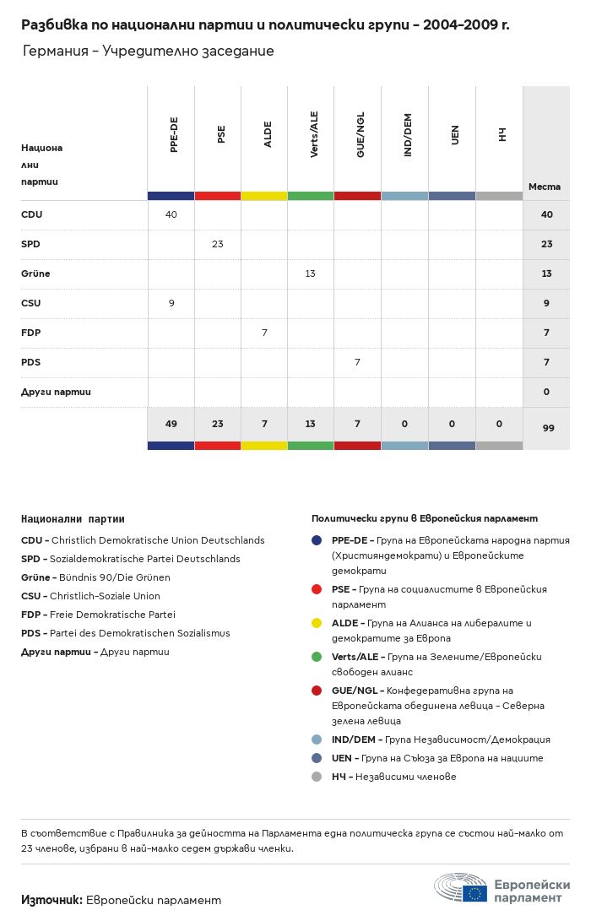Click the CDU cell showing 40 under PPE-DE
pyautogui.click(x=171, y=214)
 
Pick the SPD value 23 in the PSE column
pyautogui.click(x=218, y=244)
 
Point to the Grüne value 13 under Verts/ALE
pyautogui.click(x=311, y=274)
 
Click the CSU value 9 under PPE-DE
pyautogui.click(x=171, y=303)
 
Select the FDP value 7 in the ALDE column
pyautogui.click(x=264, y=333)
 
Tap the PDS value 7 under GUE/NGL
pyautogui.click(x=357, y=362)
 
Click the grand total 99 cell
pyautogui.click(x=548, y=428)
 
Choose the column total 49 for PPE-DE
pyautogui.click(x=171, y=424)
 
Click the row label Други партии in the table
pyautogui.click(x=56, y=392)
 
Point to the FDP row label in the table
pyautogui.click(x=31, y=333)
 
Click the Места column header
pyautogui.click(x=545, y=187)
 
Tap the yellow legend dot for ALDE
pyautogui.click(x=317, y=623)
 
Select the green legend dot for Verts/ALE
pyautogui.click(x=317, y=656)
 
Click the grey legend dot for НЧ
pyautogui.click(x=317, y=777)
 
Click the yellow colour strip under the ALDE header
pyautogui.click(x=264, y=196)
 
